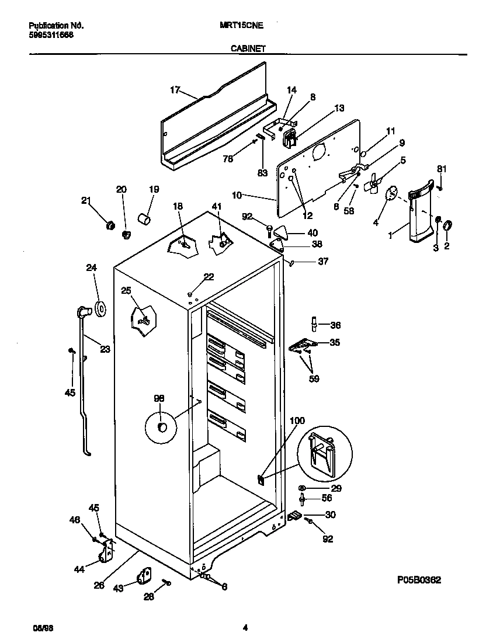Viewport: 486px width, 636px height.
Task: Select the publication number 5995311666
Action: coord(51,34)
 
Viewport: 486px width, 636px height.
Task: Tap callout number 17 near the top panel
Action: coord(175,89)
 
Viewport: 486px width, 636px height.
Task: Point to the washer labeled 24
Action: coord(100,308)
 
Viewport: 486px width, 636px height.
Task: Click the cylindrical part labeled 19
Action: coord(144,218)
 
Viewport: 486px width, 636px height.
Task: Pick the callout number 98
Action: coord(159,398)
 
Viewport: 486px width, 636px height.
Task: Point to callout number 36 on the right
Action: coord(335,325)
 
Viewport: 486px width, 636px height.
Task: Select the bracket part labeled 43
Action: coord(144,576)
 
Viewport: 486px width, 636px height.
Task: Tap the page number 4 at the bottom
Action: coord(246,628)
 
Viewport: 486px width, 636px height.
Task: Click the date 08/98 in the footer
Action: coord(39,628)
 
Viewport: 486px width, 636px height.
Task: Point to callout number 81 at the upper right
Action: coord(442,169)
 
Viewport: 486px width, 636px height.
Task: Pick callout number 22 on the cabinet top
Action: coord(209,277)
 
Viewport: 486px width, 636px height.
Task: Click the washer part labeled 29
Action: coord(302,488)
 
